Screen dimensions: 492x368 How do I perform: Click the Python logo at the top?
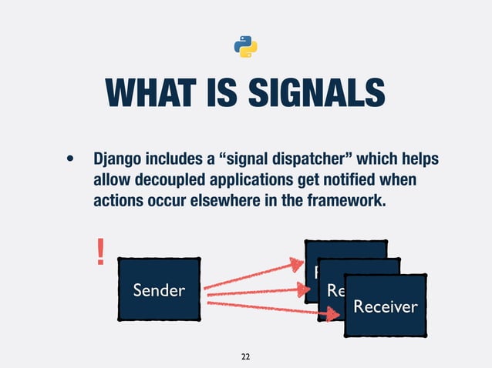point(245,46)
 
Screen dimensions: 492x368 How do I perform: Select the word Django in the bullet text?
point(118,159)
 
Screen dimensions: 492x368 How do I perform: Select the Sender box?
point(159,289)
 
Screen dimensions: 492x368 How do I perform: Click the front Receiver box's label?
point(385,306)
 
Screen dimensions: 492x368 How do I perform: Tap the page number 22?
point(245,356)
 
